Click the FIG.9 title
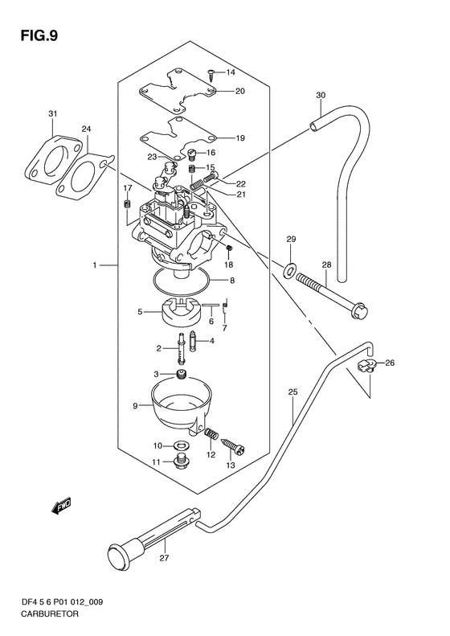pyautogui.click(x=39, y=36)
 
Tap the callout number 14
pyautogui.click(x=231, y=72)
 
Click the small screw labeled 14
pyautogui.click(x=211, y=74)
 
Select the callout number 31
pyautogui.click(x=53, y=114)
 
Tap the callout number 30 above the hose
pyautogui.click(x=321, y=96)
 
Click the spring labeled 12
pyautogui.click(x=211, y=433)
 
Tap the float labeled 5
pyautogui.click(x=179, y=311)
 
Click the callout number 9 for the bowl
pyautogui.click(x=136, y=405)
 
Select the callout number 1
pyautogui.click(x=95, y=265)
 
